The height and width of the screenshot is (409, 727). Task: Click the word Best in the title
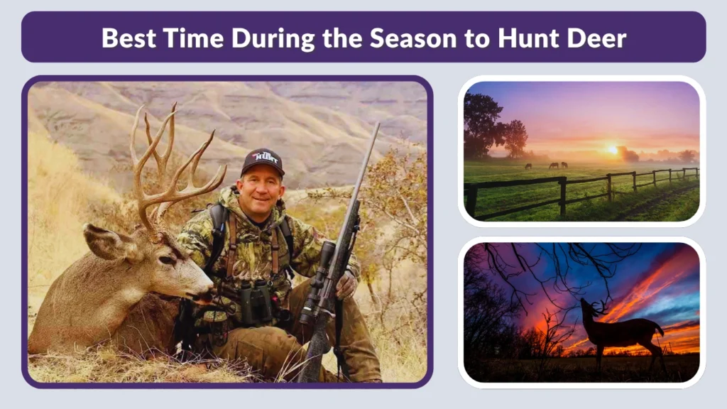click(x=126, y=37)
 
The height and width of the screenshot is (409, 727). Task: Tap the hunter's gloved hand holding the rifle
click(x=346, y=285)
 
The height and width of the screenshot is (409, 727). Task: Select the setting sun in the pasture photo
click(x=611, y=150)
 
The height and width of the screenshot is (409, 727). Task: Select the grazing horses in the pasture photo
click(x=553, y=165)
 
